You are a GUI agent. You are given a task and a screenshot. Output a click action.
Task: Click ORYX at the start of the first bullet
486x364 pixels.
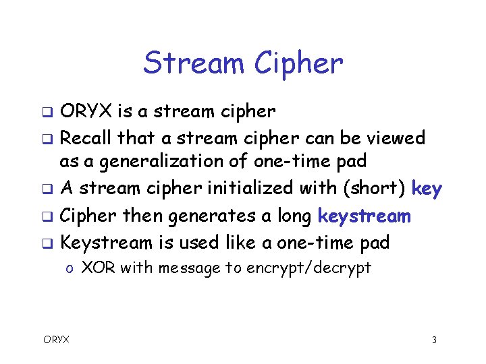coord(86,111)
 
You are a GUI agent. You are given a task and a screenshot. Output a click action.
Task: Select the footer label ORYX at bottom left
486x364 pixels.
coord(56,340)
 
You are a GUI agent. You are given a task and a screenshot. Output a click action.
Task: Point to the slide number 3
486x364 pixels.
coord(434,340)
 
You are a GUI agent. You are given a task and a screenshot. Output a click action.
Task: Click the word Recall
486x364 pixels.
coord(85,138)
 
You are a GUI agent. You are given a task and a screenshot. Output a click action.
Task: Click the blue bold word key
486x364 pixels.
coord(427,189)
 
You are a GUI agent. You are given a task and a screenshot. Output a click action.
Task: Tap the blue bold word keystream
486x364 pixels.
coord(364,216)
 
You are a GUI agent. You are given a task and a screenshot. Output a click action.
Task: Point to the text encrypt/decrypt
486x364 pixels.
coord(308,268)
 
